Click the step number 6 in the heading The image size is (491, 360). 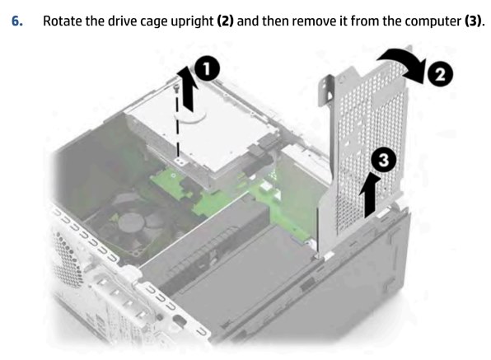coord(17,21)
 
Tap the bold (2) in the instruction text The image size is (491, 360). coord(225,21)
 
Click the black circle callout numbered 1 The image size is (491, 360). coord(207,69)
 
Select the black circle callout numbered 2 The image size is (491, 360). coord(440,74)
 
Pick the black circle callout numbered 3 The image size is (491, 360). coord(384,160)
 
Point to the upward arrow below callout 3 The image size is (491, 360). coord(371,196)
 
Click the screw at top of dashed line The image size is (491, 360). coord(176,87)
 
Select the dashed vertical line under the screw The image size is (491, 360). coord(177,125)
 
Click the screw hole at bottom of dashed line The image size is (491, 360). coord(179,161)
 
